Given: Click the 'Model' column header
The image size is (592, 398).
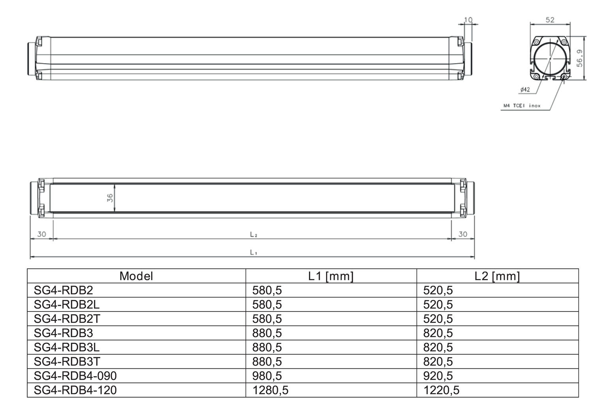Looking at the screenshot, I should point(136,276).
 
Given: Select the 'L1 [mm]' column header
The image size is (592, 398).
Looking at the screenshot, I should point(331,276).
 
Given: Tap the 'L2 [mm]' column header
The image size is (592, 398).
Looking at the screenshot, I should point(497,276).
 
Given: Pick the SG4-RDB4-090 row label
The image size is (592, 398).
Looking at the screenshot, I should point(75,375).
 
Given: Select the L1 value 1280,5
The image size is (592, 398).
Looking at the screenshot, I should point(270,390).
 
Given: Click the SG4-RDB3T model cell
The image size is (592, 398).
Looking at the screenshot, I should point(67,361).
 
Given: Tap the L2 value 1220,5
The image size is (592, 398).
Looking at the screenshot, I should point(441,390).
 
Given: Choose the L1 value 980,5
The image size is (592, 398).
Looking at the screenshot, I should point(267,375).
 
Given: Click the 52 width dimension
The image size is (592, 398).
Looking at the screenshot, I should point(550,20).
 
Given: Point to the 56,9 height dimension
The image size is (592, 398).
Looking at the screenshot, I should point(579,58).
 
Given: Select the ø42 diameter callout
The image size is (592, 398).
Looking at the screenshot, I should point(525,90).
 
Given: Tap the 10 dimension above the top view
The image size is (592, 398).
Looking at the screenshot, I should point(468,20).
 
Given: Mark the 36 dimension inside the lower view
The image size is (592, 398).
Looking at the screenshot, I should point(110,198).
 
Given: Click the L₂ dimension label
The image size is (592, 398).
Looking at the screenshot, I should point(253,234).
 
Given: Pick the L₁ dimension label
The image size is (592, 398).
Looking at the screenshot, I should point(253,252).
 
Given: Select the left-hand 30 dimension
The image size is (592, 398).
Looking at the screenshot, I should point(41,234).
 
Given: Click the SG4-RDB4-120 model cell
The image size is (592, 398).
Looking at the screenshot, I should point(75,390).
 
